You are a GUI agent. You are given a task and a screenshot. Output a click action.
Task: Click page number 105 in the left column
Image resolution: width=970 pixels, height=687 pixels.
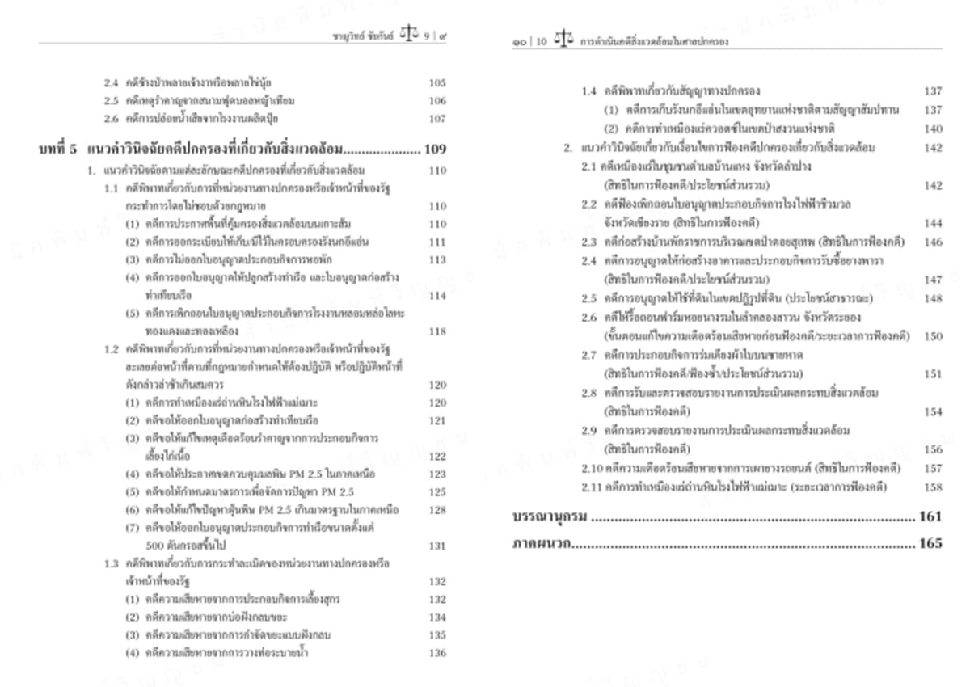(x=436, y=83)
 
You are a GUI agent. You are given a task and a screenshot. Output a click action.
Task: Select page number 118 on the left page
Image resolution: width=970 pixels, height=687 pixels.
(x=436, y=331)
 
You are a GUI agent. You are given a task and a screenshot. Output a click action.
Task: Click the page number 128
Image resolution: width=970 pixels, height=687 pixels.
(x=436, y=510)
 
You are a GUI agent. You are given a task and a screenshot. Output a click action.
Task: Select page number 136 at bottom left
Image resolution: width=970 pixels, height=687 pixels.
(x=436, y=653)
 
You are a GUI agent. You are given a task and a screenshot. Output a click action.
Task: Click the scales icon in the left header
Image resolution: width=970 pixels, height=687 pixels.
(x=411, y=37)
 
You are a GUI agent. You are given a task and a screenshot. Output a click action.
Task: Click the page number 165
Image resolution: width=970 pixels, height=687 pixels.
(x=930, y=544)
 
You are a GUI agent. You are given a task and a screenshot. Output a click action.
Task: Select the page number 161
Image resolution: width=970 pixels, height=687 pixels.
(x=930, y=516)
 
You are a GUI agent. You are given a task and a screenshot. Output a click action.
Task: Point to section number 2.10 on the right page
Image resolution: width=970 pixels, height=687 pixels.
(x=592, y=469)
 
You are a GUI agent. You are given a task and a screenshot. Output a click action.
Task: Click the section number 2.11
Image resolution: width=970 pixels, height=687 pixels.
(x=592, y=487)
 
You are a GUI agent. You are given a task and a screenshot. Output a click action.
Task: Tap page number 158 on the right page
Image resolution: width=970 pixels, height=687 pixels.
(x=933, y=487)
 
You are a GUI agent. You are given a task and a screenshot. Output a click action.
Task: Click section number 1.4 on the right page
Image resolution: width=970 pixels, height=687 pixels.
(x=589, y=91)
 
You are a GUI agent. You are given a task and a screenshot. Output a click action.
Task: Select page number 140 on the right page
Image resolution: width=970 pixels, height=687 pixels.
(x=933, y=129)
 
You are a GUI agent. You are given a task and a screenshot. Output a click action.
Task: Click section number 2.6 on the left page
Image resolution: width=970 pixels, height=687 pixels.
(x=112, y=119)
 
